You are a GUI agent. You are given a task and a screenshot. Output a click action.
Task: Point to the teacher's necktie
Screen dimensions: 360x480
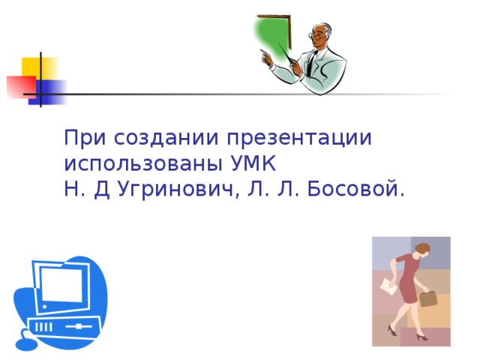pyautogui.click(x=308, y=63)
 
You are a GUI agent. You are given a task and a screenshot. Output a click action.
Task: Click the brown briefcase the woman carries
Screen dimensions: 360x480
pyautogui.click(x=428, y=298)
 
